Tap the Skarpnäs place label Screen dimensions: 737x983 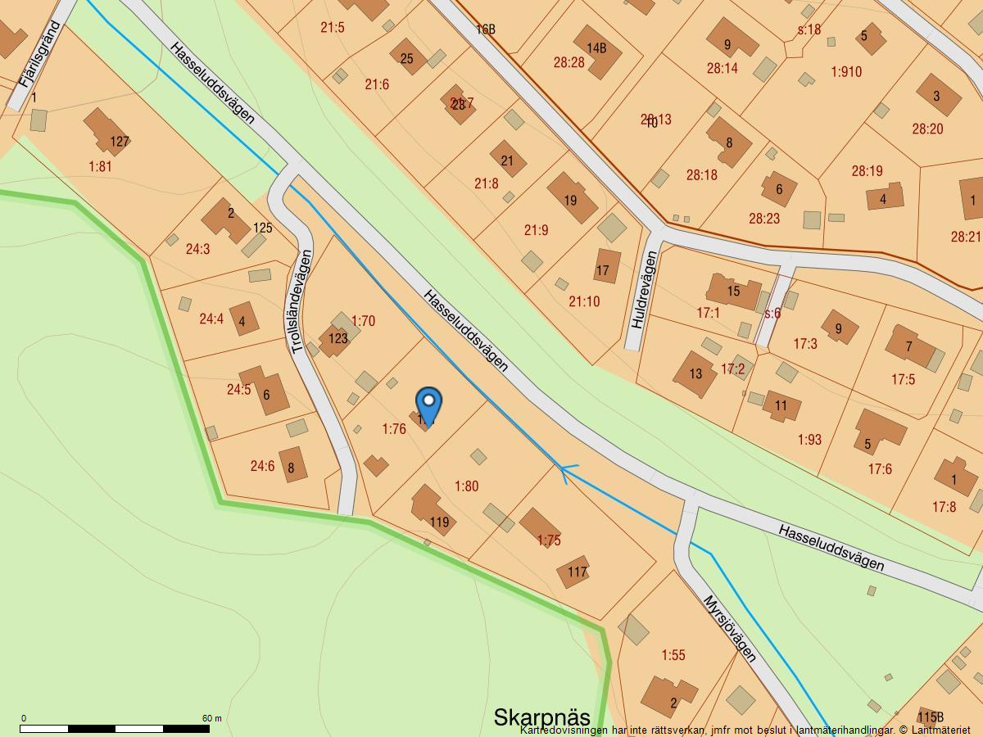click(541, 717)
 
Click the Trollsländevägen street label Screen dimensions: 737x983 click(302, 302)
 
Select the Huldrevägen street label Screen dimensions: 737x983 click(644, 289)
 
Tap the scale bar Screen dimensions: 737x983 click(115, 727)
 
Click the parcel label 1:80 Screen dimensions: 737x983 click(466, 486)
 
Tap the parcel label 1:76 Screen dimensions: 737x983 click(394, 429)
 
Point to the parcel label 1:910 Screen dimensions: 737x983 click(846, 72)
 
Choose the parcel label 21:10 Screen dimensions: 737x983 click(584, 301)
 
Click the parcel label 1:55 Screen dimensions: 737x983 click(673, 655)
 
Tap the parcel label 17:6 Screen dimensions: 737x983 click(880, 469)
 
